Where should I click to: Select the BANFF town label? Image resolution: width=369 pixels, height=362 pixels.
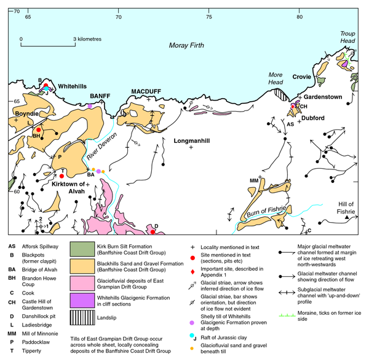[99, 96]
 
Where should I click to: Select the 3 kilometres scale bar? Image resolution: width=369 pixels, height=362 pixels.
[48, 45]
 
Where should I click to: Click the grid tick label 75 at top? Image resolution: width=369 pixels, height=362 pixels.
[209, 17]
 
